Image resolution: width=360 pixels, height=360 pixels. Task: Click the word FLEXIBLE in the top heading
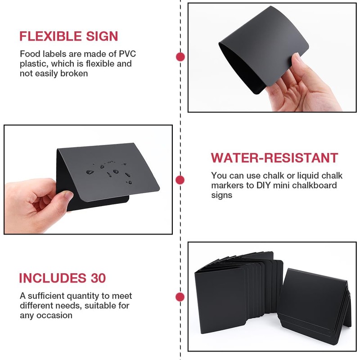[50, 36]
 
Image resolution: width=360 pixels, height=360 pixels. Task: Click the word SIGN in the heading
[102, 36]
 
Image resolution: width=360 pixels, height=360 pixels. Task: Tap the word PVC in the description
[127, 54]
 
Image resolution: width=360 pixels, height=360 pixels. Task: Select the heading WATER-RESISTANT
[274, 158]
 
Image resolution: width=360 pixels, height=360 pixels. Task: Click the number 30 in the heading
[98, 278]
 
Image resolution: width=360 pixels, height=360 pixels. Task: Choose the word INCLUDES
[53, 278]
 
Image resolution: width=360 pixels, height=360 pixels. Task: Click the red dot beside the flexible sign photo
[180, 57]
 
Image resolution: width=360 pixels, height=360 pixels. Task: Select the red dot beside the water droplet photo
[180, 180]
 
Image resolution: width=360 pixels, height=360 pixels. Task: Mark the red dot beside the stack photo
[180, 297]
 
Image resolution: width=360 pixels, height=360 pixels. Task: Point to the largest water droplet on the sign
[90, 172]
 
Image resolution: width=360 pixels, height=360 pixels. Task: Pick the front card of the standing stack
[220, 300]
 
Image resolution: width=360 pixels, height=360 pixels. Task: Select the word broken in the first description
[74, 74]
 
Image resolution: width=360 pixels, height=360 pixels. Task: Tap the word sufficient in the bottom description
[46, 296]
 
